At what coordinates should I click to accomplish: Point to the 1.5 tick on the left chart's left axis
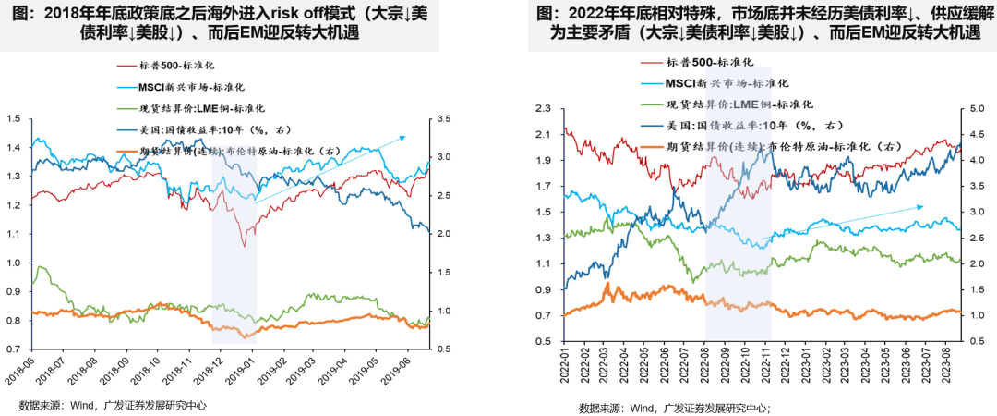[x=13, y=118]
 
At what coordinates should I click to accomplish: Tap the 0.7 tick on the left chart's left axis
[x=13, y=349]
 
